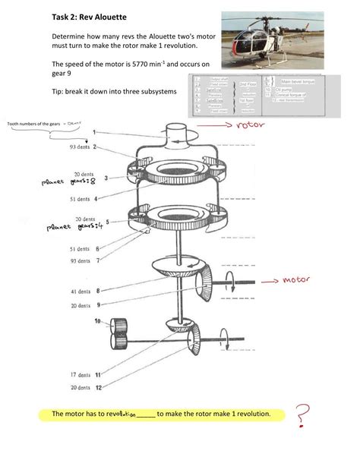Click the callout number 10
pos(96,321)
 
